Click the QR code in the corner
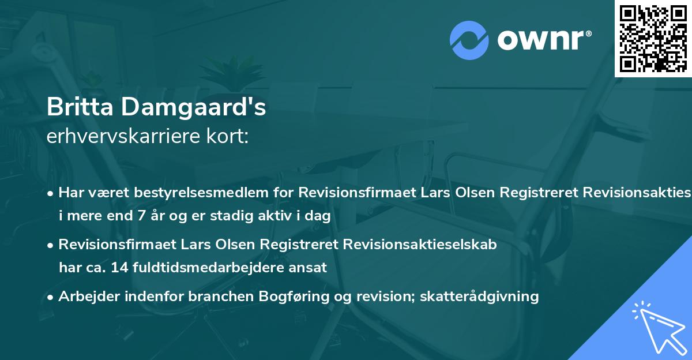[653, 38]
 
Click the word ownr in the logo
[542, 40]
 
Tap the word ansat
[312, 267]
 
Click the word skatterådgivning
[482, 297]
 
